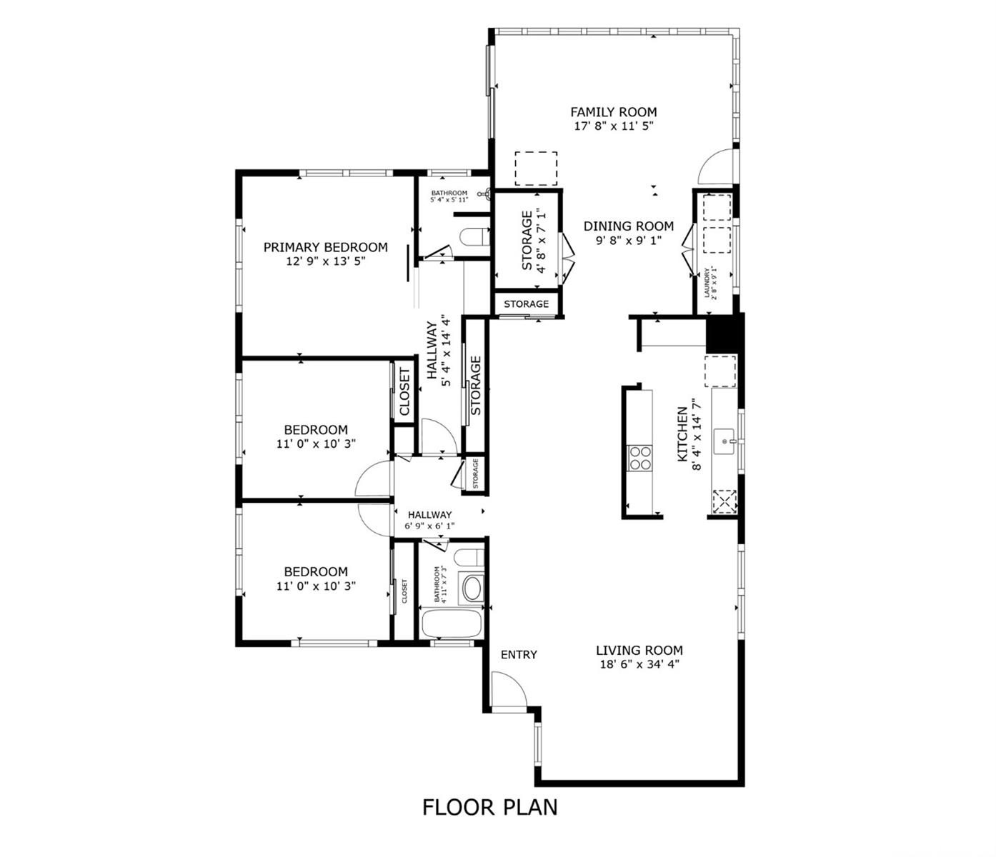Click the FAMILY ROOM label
pos(614,112)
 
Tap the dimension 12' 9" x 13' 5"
pos(326,261)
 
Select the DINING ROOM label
pos(628,226)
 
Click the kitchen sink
pos(724,441)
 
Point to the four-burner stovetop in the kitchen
pos(639,458)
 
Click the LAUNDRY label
pos(707,284)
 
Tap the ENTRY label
pos(519,655)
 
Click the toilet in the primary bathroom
pos(474,237)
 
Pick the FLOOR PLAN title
pos(490,807)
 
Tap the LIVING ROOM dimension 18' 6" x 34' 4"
pos(639,664)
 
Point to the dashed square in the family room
pos(536,168)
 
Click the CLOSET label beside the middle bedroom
pos(404,391)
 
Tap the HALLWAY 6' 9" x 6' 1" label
pos(429,520)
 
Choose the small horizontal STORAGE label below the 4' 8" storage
pos(526,304)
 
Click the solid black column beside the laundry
pos(724,334)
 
